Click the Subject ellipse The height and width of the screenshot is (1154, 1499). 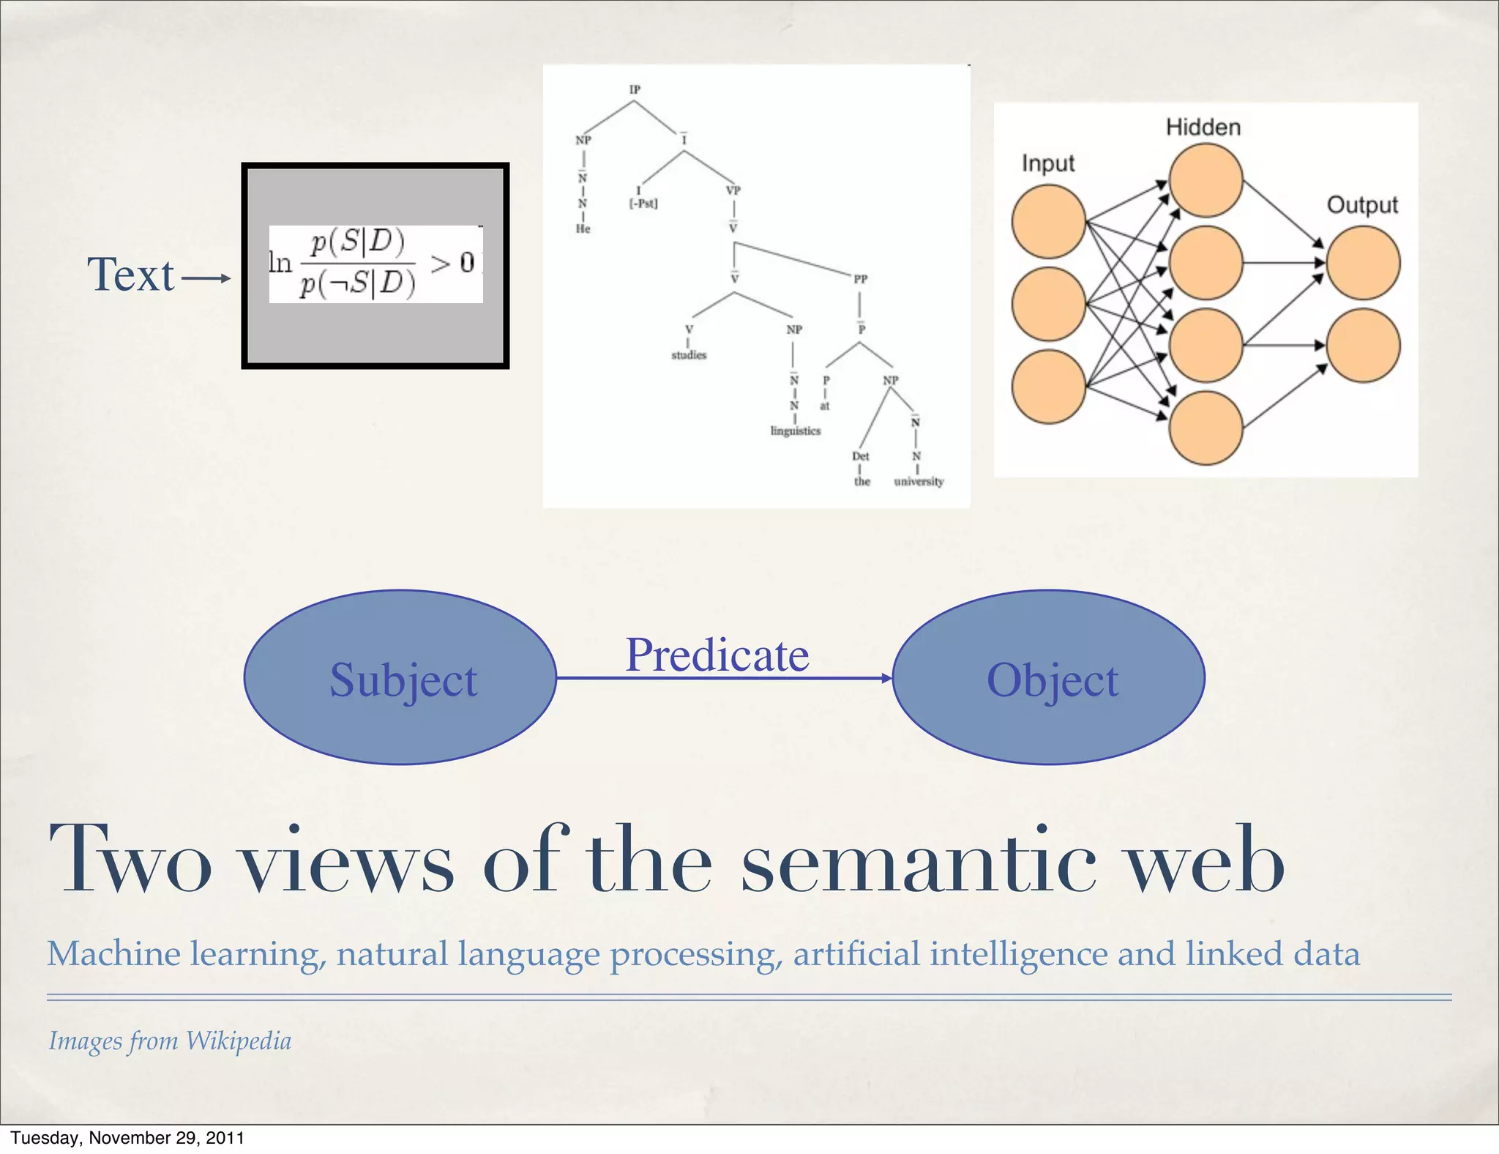pos(400,678)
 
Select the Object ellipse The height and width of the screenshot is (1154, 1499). pos(1049,678)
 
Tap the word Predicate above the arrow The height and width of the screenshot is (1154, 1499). pos(717,655)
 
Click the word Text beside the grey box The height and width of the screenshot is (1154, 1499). pos(131,275)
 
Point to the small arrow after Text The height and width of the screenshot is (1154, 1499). pos(206,278)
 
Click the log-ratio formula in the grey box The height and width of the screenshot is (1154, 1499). pos(375,264)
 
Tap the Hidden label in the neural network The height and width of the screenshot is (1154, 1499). pos(1203,127)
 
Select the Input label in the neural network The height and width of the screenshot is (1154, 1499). pos(1047,163)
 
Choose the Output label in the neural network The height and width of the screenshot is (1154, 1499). pos(1361,205)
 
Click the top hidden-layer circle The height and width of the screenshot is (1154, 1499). pos(1205,180)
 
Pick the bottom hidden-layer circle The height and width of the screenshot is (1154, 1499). pos(1205,428)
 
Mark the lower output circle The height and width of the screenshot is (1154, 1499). pos(1363,346)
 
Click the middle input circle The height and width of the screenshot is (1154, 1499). pos(1048,304)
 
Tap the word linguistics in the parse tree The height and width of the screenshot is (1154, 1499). pos(795,431)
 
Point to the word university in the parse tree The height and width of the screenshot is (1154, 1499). pos(919,482)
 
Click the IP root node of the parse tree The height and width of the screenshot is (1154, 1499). pos(635,89)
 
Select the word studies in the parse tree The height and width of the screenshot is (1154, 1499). pos(689,355)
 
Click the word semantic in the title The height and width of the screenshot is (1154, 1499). pos(918,860)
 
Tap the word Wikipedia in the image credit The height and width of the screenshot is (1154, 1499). pos(239,1041)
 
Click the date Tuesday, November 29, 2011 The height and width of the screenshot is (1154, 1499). pos(127,1138)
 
